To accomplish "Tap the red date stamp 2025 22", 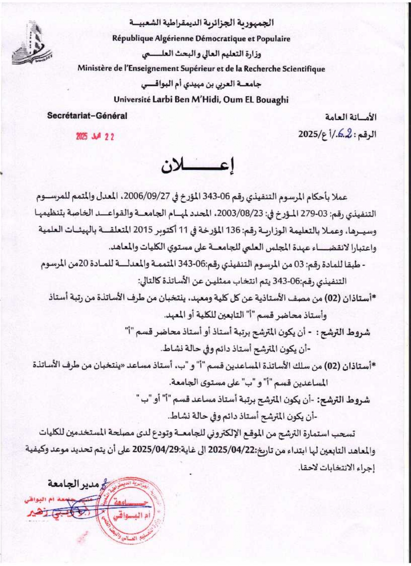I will (95, 137).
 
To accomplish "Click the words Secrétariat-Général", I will (87, 116).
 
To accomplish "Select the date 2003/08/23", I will (237, 214).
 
